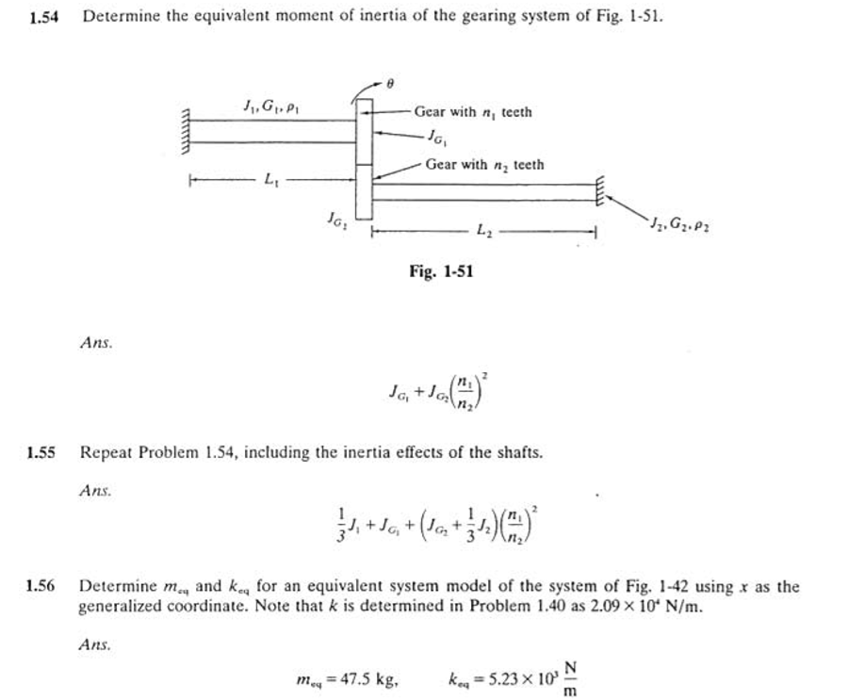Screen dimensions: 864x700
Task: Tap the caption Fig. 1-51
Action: point(441,271)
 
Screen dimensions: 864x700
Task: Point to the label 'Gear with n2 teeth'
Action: point(484,165)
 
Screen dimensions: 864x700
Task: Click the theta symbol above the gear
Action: point(393,83)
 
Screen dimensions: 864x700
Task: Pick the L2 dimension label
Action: point(482,229)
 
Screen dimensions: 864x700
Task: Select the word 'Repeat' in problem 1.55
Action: point(104,452)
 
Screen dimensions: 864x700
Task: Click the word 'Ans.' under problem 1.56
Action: point(96,645)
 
